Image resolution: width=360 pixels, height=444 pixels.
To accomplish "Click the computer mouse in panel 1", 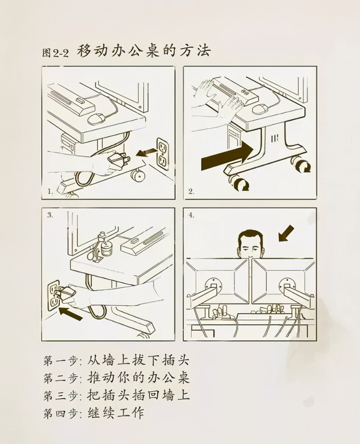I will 96,118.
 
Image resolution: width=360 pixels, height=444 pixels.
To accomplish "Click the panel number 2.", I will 191,192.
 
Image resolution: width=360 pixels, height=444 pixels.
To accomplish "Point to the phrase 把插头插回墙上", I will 138,395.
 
